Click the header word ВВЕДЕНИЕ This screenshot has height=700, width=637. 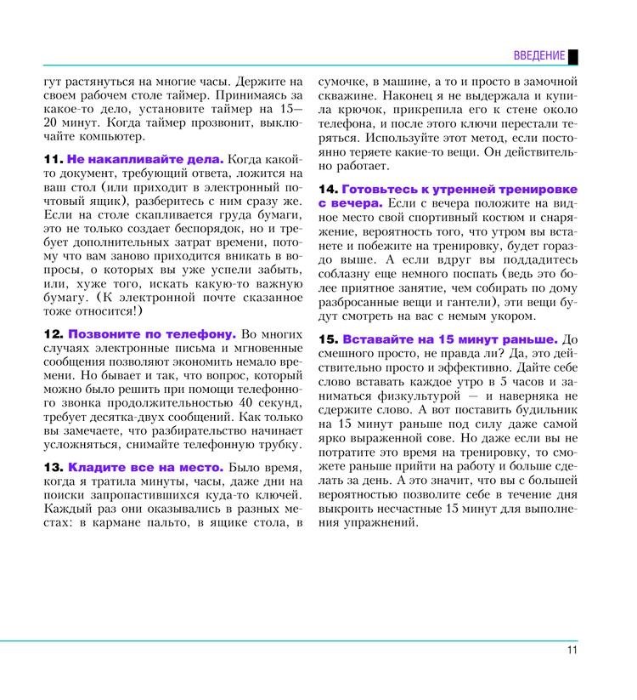click(538, 56)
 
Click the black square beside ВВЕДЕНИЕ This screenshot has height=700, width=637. click(573, 56)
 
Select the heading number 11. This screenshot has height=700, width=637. click(53, 159)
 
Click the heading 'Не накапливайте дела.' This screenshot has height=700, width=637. click(145, 159)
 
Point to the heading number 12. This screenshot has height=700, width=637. click(53, 334)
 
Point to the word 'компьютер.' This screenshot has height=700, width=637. click(108, 136)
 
